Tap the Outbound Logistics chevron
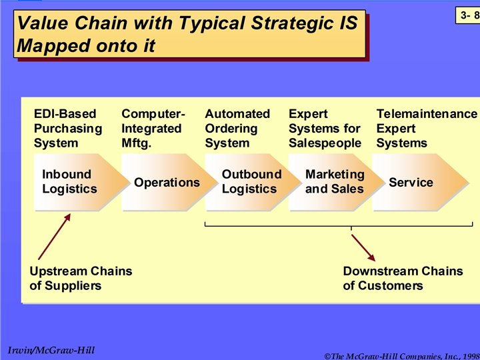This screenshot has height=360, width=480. click(251, 181)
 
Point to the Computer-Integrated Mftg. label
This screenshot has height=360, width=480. click(153, 128)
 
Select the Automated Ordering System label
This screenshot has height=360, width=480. click(237, 128)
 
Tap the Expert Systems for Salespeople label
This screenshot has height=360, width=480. click(325, 128)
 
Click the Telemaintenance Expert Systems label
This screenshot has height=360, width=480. click(427, 128)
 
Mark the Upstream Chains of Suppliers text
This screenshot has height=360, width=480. click(81, 278)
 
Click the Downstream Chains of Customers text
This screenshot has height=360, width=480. click(403, 278)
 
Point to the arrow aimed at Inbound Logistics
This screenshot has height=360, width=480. click(54, 236)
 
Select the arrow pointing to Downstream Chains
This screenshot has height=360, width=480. click(364, 247)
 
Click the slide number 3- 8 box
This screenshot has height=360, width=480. click(467, 14)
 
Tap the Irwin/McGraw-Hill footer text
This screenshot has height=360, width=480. click(51, 350)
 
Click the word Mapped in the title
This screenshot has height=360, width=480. click(49, 46)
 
